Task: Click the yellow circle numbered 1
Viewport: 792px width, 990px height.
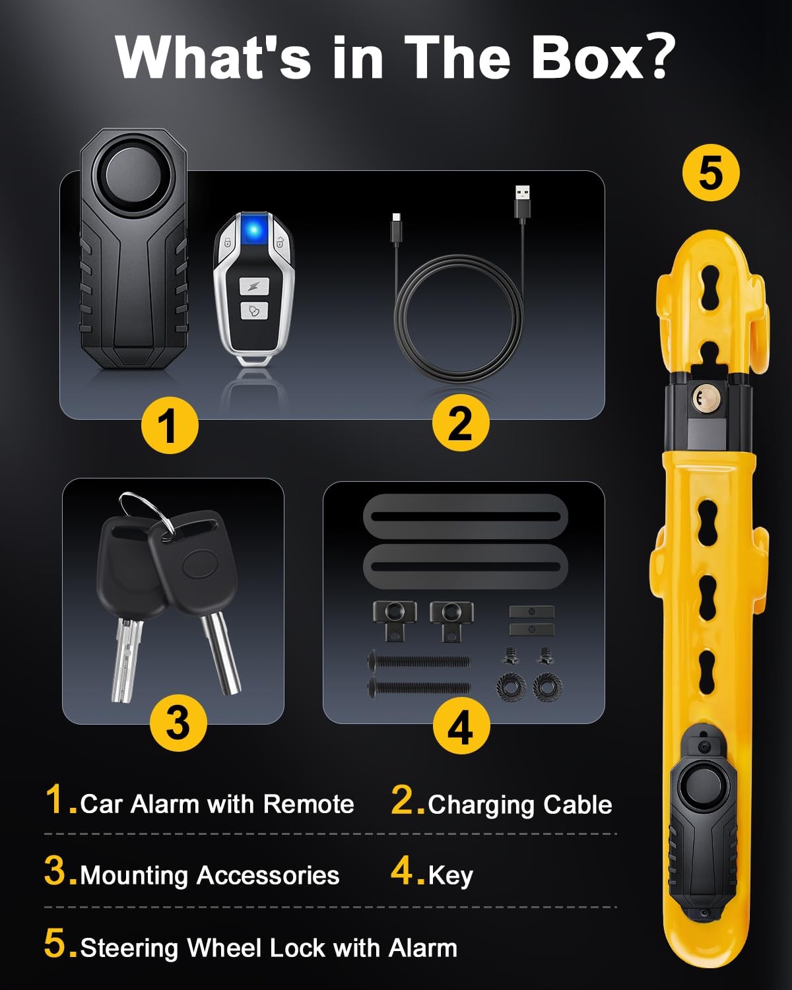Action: (x=170, y=425)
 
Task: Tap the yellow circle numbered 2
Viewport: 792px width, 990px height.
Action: (x=461, y=422)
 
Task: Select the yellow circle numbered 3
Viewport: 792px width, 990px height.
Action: (x=179, y=723)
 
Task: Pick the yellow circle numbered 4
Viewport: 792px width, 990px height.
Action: (x=461, y=725)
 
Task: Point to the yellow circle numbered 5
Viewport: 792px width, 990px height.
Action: (x=711, y=173)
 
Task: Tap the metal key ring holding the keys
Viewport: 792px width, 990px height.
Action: (x=147, y=512)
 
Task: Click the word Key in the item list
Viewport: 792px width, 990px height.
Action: (x=451, y=875)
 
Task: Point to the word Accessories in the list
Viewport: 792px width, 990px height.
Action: (x=269, y=875)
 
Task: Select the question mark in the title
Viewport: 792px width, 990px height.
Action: (x=661, y=57)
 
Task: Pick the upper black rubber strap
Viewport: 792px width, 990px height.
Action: (x=465, y=516)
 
